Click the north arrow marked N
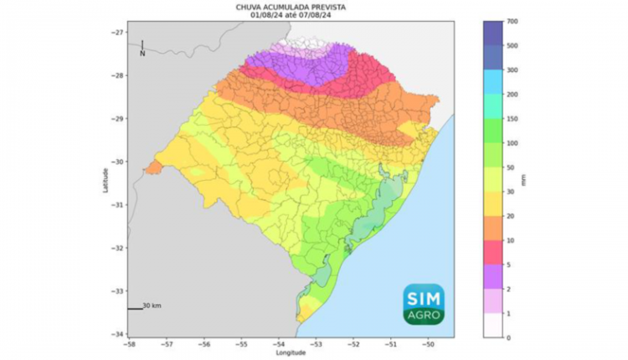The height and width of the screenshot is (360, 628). click(x=142, y=49)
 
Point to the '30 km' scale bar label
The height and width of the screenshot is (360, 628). click(x=152, y=306)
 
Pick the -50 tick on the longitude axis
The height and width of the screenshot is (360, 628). click(x=428, y=343)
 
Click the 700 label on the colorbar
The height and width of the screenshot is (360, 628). click(x=512, y=21)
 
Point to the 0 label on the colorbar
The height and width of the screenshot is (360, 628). click(x=510, y=337)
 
